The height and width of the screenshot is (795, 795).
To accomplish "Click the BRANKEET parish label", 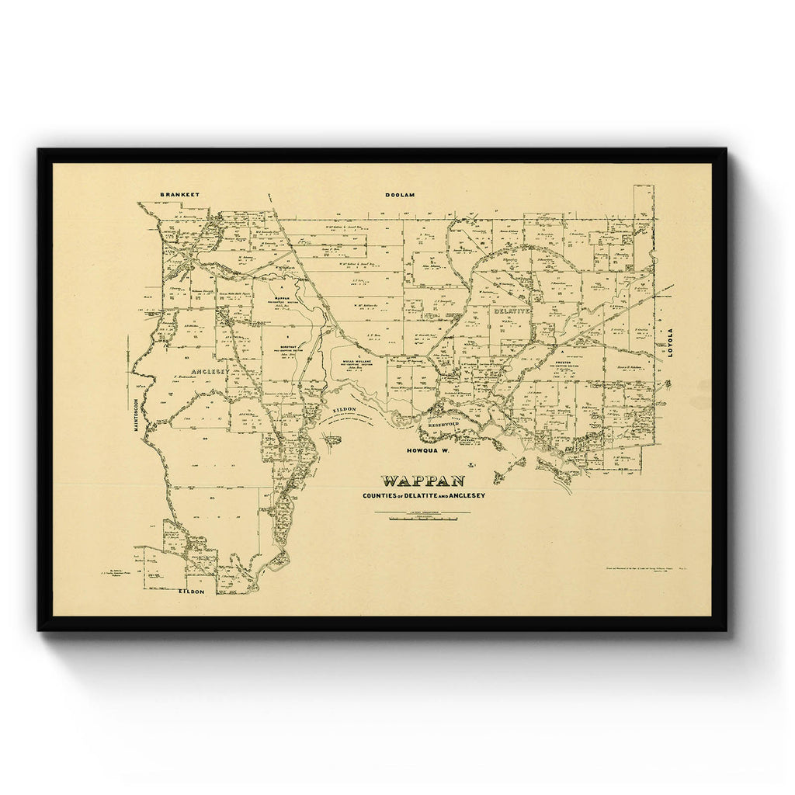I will point(179,194).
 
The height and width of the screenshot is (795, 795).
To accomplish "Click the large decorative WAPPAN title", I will point(422,482).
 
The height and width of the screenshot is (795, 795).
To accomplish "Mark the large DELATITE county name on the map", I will point(511,311).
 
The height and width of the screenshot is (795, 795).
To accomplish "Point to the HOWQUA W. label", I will point(428,450).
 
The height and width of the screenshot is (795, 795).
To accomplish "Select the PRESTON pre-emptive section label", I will point(564,362).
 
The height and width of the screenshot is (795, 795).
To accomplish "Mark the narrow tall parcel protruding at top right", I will point(643,203).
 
